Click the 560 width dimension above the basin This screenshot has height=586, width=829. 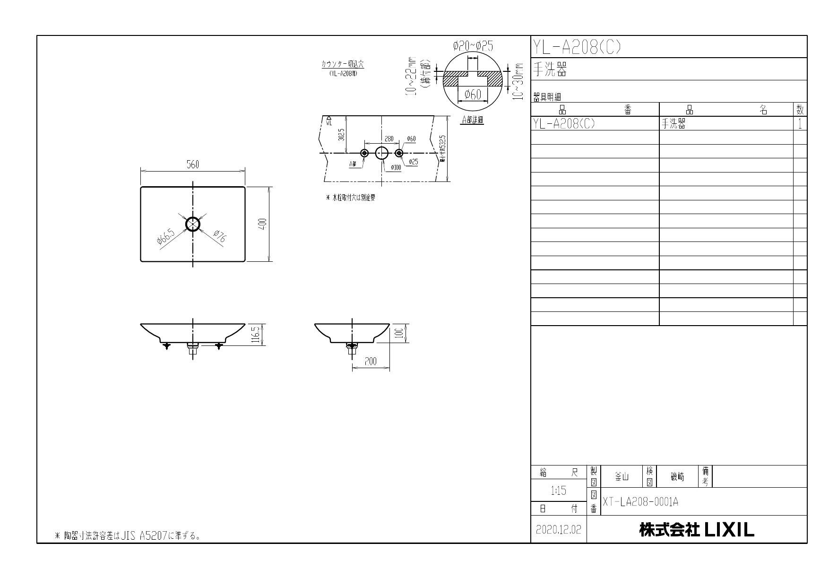(192, 164)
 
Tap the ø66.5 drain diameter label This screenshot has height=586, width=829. (166, 235)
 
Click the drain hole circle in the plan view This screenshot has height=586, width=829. (193, 224)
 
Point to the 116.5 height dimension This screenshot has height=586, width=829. (256, 334)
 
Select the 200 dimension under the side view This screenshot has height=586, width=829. (371, 362)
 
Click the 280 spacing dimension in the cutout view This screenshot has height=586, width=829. (389, 139)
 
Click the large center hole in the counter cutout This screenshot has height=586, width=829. (382, 153)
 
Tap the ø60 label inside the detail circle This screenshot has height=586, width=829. (473, 95)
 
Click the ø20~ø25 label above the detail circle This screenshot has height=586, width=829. (473, 46)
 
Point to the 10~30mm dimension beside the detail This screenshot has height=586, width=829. (520, 81)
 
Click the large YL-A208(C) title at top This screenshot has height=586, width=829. (577, 47)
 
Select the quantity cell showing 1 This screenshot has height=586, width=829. (800, 124)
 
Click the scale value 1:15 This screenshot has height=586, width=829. (558, 491)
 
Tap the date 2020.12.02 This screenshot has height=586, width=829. (558, 530)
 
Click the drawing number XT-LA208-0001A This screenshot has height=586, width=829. (640, 502)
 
